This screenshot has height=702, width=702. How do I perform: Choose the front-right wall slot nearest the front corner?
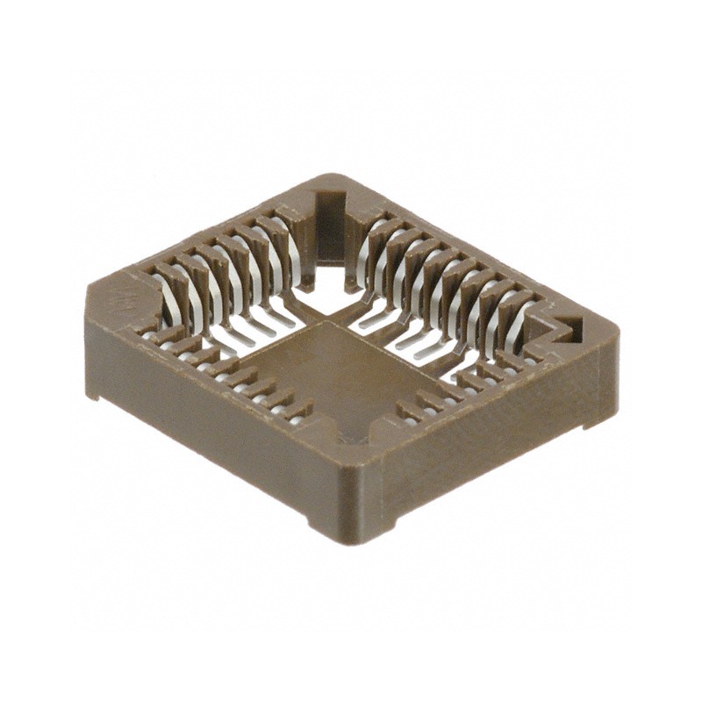click(407, 411)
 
